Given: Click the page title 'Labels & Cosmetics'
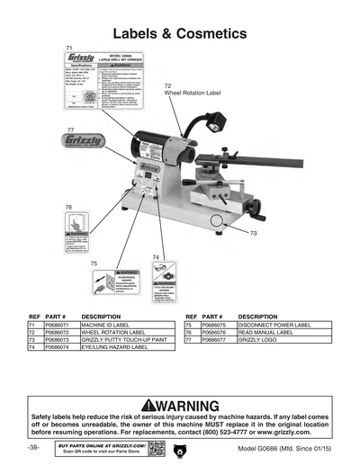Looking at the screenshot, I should coord(179,33).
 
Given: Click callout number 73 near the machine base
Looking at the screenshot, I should coord(253,233).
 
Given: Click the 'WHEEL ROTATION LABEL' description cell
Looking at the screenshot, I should coord(112,333).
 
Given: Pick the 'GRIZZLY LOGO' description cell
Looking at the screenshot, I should coord(261,340).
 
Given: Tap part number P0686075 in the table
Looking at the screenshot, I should coord(218,326).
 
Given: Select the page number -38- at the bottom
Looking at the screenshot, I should coord(33,447).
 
